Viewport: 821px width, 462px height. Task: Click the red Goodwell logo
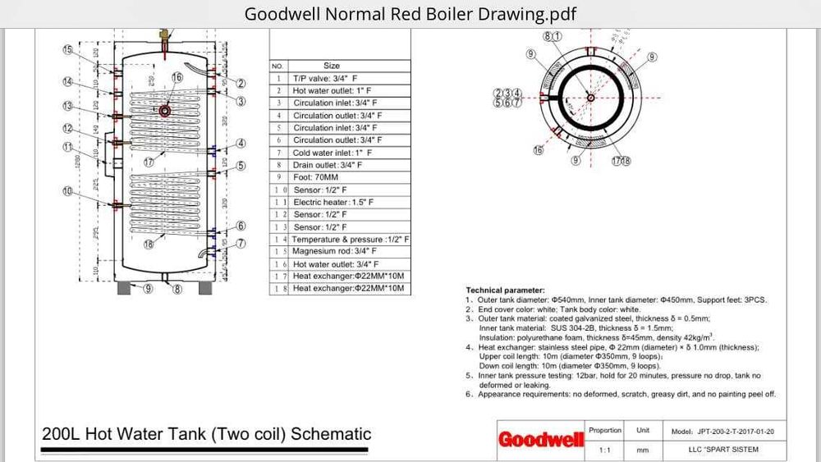(x=541, y=440)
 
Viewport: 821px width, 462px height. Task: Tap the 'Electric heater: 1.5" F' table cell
(x=333, y=202)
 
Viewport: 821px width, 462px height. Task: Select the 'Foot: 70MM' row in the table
(x=315, y=177)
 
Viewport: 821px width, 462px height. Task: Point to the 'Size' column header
(x=332, y=66)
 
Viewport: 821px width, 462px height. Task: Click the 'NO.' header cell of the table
(x=278, y=66)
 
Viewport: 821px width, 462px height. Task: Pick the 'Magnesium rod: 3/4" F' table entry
(x=335, y=251)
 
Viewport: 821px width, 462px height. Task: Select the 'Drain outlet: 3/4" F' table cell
(x=328, y=165)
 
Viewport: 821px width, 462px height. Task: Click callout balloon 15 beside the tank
(x=68, y=51)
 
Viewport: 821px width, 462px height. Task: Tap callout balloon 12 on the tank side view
(x=68, y=129)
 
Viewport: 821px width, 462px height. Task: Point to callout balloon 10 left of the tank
(x=68, y=191)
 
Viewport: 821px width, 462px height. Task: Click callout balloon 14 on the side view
(x=68, y=81)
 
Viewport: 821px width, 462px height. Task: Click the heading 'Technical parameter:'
(x=505, y=290)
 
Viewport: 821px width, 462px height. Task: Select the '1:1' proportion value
(x=605, y=450)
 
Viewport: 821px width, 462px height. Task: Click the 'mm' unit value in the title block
(x=642, y=450)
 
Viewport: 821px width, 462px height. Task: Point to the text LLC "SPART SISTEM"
(x=723, y=450)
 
